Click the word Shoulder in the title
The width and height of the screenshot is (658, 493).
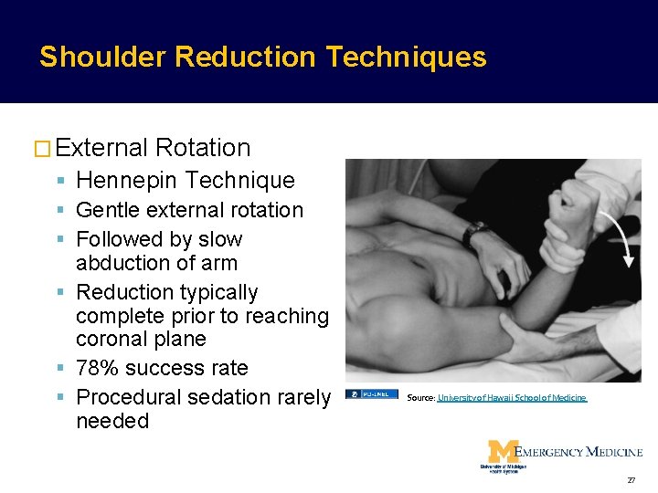pyautogui.click(x=102, y=58)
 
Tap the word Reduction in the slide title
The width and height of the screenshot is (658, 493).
pyautogui.click(x=246, y=58)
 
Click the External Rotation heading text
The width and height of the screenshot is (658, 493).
pyautogui.click(x=154, y=148)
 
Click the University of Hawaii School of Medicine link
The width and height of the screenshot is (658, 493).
pyautogui.click(x=512, y=398)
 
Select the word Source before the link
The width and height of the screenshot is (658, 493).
pyautogui.click(x=420, y=398)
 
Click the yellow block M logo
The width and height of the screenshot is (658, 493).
pyautogui.click(x=501, y=453)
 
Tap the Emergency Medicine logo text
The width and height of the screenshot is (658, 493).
pyautogui.click(x=578, y=452)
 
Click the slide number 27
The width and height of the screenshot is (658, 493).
pyautogui.click(x=631, y=479)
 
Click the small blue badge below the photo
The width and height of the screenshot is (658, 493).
pyautogui.click(x=371, y=394)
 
